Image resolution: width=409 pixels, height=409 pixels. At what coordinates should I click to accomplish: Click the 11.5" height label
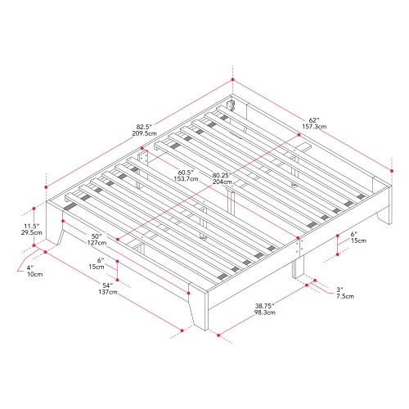[x=31, y=226]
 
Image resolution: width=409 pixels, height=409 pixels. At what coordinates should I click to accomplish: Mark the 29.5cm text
[x=31, y=233]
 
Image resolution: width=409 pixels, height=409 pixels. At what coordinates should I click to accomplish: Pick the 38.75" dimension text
[x=263, y=305]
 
